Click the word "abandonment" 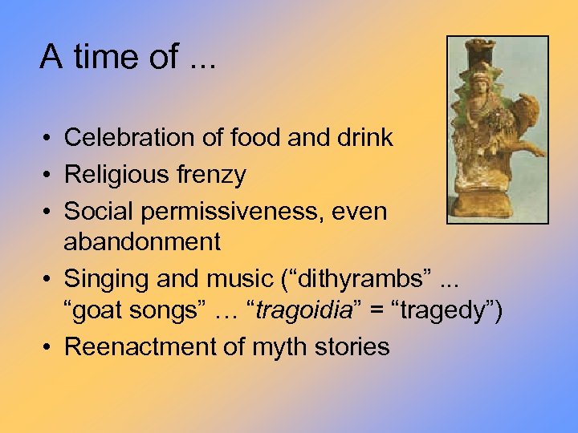(142, 241)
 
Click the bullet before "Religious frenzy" (49, 175)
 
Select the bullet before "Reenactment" (49, 347)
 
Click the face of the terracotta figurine (481, 82)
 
